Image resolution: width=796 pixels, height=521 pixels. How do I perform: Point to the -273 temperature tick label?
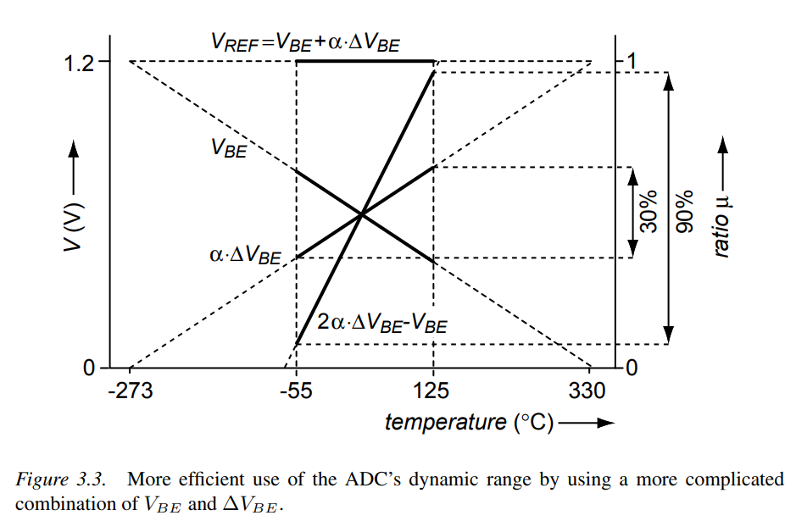pyautogui.click(x=130, y=391)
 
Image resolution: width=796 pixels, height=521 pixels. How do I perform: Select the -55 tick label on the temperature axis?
pyautogui.click(x=296, y=391)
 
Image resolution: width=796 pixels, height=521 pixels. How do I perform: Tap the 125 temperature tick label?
pyautogui.click(x=433, y=391)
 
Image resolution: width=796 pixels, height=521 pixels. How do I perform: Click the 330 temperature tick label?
pyautogui.click(x=588, y=391)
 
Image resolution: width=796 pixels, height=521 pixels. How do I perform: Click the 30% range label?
pyautogui.click(x=648, y=212)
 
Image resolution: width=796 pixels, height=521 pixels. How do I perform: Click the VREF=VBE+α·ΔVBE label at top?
pyautogui.click(x=305, y=42)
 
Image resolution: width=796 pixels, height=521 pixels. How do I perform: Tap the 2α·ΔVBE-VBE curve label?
pyautogui.click(x=381, y=323)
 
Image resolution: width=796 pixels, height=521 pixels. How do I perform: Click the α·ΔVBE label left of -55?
pyautogui.click(x=244, y=253)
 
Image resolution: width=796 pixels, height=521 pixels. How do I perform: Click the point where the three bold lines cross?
pyautogui.click(x=362, y=214)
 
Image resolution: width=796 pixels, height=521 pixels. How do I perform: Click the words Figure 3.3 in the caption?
pyautogui.click(x=60, y=480)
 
